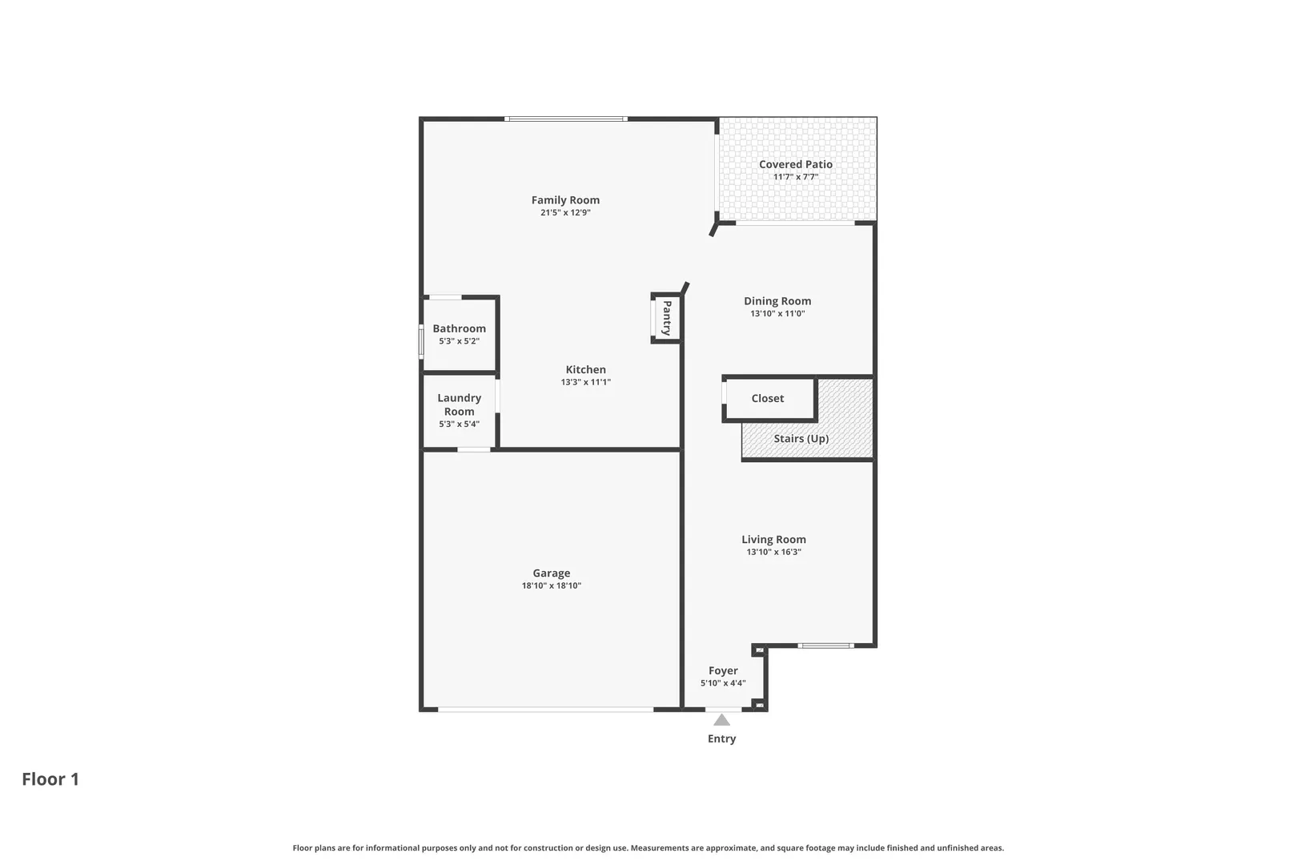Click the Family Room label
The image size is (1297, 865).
click(565, 200)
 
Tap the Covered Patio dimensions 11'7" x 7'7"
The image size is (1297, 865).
click(796, 177)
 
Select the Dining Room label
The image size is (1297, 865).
click(777, 301)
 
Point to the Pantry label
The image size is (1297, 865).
click(667, 317)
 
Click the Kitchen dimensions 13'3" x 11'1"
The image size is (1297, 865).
click(585, 382)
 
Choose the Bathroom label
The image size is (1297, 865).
click(460, 328)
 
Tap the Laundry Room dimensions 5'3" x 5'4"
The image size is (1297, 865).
click(460, 424)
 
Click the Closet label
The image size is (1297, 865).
click(767, 399)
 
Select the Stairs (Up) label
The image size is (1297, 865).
click(801, 439)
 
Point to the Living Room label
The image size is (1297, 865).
click(773, 539)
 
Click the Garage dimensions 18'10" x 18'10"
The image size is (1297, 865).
click(551, 585)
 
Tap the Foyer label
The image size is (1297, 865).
click(723, 671)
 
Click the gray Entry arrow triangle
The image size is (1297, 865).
click(721, 720)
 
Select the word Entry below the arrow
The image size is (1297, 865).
click(721, 738)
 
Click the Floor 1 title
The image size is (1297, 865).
click(50, 779)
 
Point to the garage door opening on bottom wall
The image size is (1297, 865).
click(545, 709)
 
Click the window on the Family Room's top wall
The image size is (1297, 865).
click(566, 119)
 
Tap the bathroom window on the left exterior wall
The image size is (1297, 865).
click(421, 342)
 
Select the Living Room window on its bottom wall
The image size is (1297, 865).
click(825, 646)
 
